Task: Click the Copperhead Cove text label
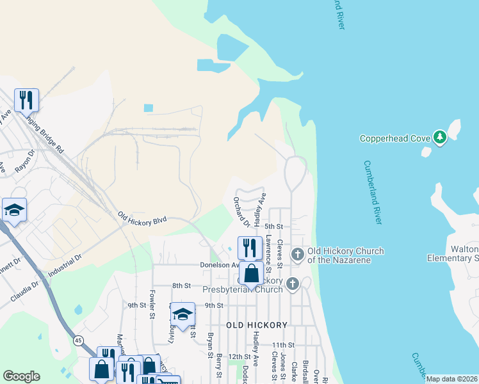395,138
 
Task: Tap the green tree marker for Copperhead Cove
439,137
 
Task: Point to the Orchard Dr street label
241,212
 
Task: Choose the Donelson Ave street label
219,264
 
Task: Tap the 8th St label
182,285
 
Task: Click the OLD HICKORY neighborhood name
257,325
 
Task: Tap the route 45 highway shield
77,340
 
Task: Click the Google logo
21,376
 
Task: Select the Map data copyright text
451,379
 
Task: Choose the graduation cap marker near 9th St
183,314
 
